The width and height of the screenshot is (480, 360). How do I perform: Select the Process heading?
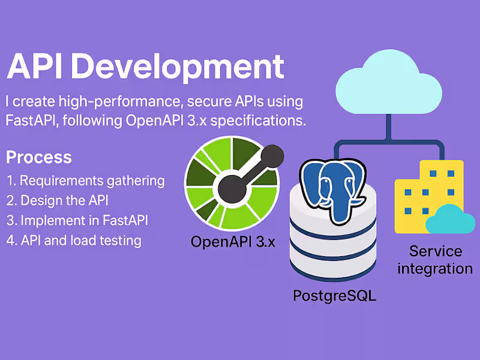pyautogui.click(x=39, y=158)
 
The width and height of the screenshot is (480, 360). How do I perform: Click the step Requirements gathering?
pyautogui.click(x=85, y=181)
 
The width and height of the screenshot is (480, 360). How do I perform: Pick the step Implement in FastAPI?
pyautogui.click(x=77, y=220)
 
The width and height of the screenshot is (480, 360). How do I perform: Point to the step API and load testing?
pyautogui.click(x=74, y=241)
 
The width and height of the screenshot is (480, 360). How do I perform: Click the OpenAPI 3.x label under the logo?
pyautogui.click(x=232, y=242)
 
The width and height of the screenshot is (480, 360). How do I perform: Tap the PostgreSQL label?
pyautogui.click(x=334, y=295)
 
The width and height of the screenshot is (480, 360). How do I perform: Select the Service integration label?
pyautogui.click(x=435, y=259)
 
